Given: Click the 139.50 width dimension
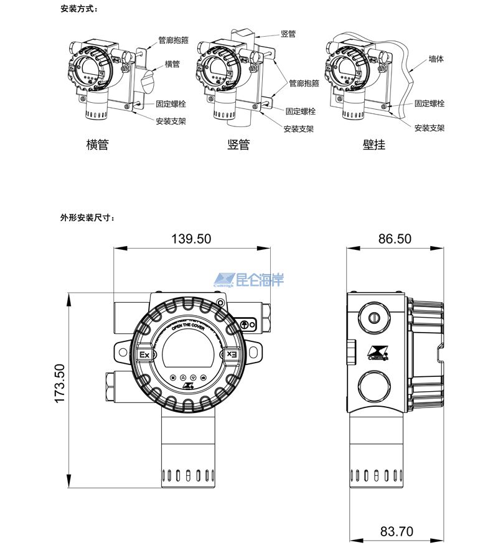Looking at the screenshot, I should tap(191, 239).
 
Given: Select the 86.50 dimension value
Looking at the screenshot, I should tap(395, 239).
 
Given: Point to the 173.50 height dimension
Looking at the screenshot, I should tap(60, 384).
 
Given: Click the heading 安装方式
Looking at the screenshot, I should tap(79, 9).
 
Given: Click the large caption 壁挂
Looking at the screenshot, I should tap(374, 145).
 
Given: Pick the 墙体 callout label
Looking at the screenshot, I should tap(436, 60).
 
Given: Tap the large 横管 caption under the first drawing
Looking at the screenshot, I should tap(97, 145).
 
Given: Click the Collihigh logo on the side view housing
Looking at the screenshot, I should tap(378, 353).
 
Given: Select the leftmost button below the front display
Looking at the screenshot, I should tap(172, 377).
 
